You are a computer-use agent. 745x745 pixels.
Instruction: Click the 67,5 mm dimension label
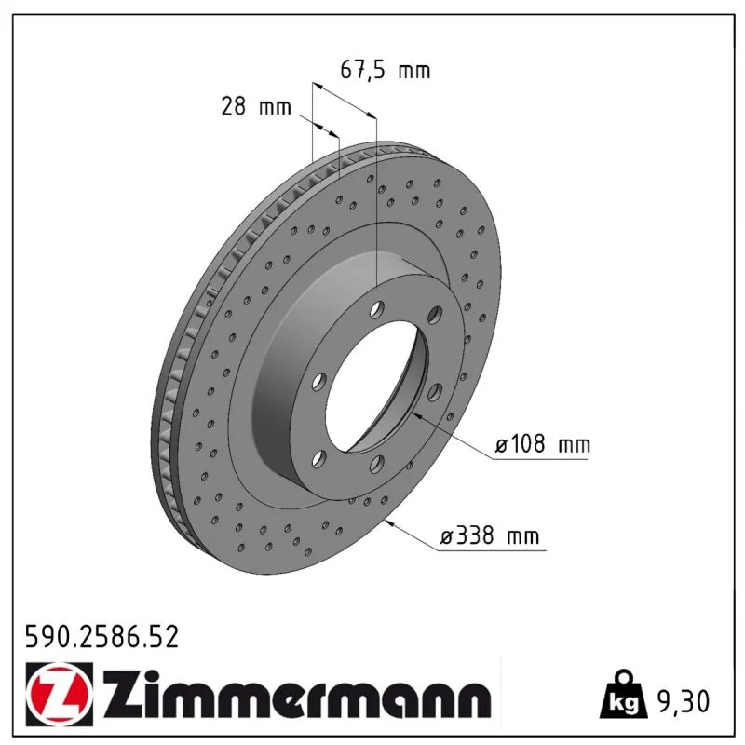(386, 71)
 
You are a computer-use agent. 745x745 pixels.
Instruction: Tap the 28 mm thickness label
(255, 106)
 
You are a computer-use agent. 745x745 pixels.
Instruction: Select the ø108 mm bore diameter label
(543, 445)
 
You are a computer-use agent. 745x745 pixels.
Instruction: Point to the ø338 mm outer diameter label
(490, 536)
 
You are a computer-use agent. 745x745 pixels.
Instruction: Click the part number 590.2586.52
(102, 637)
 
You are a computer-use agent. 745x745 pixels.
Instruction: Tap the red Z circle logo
(59, 694)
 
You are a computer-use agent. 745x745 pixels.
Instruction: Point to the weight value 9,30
(683, 701)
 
